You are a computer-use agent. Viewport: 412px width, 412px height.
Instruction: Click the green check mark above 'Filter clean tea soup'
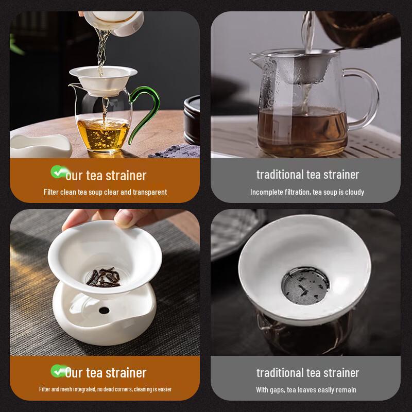(x=58, y=171)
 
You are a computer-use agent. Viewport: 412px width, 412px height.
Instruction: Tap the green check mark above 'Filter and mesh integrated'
(x=58, y=370)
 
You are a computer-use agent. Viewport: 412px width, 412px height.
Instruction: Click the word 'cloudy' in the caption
(x=354, y=192)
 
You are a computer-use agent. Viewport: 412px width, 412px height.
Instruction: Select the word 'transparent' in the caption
(x=150, y=192)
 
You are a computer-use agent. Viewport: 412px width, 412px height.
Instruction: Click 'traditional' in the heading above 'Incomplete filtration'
(x=280, y=175)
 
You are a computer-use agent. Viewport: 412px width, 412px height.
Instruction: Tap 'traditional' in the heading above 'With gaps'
(x=280, y=372)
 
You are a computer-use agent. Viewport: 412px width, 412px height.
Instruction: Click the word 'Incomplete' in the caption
(x=266, y=192)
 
